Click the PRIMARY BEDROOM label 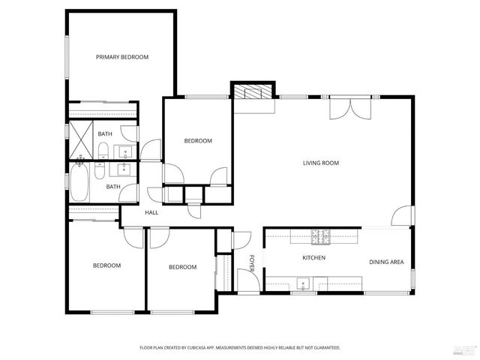click(x=121, y=57)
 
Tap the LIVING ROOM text click(x=321, y=163)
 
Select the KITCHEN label click(x=313, y=257)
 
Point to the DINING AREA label click(x=386, y=262)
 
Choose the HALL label click(x=151, y=213)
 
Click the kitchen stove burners click(x=322, y=237)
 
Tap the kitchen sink click(x=303, y=283)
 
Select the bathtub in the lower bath click(x=79, y=184)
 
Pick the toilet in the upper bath click(x=103, y=149)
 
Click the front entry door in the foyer click(x=248, y=282)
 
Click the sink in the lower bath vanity click(x=124, y=169)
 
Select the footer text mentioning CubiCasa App click(x=240, y=347)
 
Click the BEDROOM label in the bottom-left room click(x=106, y=265)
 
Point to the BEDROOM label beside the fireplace click(x=198, y=140)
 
